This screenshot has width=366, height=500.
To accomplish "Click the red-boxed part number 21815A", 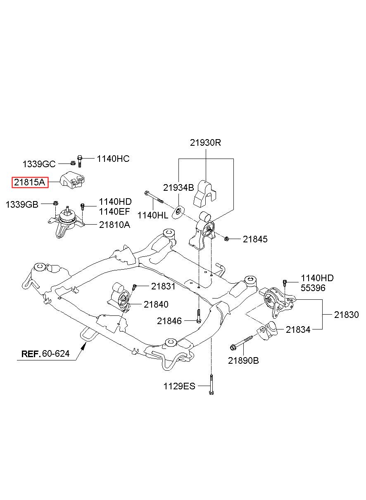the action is [30, 182].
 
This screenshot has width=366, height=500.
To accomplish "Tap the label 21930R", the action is [205, 142].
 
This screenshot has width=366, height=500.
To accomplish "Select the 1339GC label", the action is [39, 164].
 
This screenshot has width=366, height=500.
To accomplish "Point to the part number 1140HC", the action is [113, 159].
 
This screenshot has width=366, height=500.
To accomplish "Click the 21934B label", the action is [178, 187].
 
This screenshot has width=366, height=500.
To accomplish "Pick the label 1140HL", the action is [153, 216].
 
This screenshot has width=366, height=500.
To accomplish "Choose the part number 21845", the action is [255, 239].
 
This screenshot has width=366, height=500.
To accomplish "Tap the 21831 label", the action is [163, 287].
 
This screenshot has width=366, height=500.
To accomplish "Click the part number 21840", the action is [156, 304].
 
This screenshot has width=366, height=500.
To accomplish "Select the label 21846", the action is [169, 321].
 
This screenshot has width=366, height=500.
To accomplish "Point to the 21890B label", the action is [243, 360].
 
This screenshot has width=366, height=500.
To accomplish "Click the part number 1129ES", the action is [179, 386].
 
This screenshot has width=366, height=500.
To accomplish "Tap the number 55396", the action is [313, 288].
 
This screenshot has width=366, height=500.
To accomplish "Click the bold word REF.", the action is [31, 354].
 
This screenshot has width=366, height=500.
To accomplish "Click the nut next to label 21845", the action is [226, 239].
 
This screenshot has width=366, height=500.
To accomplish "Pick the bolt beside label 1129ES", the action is [211, 384].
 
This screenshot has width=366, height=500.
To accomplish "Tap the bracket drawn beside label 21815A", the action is [73, 180].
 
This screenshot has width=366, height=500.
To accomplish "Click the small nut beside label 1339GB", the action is [55, 203].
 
